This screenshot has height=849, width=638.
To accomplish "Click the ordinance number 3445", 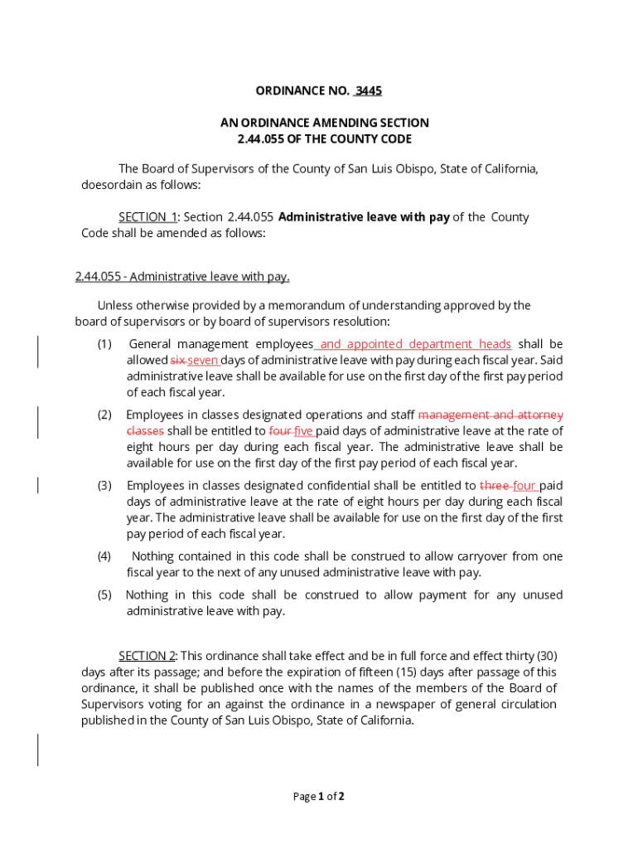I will [x=368, y=90].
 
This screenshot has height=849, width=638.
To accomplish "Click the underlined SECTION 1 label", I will [x=147, y=217].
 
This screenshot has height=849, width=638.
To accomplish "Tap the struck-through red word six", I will [x=177, y=361].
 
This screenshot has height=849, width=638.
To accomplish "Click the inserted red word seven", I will [x=203, y=361].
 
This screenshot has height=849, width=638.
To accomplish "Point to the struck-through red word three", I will [x=494, y=486].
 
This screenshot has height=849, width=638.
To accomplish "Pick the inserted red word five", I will [x=303, y=431].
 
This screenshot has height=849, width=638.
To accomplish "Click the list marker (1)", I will [x=104, y=344].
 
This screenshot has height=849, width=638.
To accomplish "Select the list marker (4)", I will [x=104, y=556].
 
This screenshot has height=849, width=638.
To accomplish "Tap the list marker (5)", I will [x=104, y=595].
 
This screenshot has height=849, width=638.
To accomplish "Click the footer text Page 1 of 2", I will [x=319, y=797].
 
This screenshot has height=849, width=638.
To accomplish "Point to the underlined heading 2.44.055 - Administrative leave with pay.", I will [x=182, y=277].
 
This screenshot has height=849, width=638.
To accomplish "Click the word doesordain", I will [x=110, y=185].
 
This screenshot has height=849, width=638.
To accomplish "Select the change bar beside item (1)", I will [x=38, y=352].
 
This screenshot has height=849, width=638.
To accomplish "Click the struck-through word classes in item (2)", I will [x=145, y=431].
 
